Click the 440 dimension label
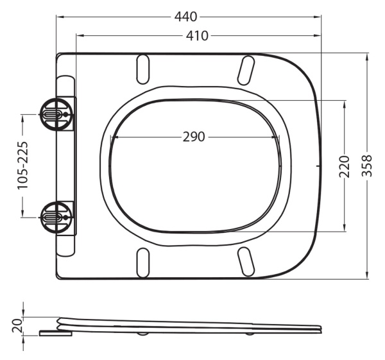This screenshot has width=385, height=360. tap(188, 16)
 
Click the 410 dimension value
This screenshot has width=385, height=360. tap(197, 36)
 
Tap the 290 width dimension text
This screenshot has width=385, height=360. tap(194, 137)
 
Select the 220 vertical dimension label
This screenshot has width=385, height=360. tap(345, 166)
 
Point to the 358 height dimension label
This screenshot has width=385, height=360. tap(368, 166)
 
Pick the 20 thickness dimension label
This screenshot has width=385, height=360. tap(18, 327)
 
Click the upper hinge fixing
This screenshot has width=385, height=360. tap(54, 112)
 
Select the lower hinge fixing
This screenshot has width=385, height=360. tap(54, 216)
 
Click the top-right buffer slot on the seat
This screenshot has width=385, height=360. tap(245, 70)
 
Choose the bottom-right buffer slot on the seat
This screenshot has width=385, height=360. tap(245, 261)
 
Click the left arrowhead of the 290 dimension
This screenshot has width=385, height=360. tap(114, 137)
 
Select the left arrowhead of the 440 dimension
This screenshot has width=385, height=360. tap(59, 17)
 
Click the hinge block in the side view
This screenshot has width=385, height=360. tap(56, 332)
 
